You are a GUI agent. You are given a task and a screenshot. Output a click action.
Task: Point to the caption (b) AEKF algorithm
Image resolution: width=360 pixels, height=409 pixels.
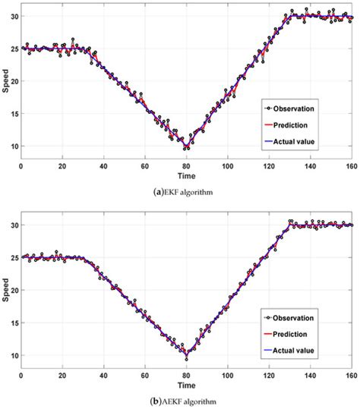(180, 401)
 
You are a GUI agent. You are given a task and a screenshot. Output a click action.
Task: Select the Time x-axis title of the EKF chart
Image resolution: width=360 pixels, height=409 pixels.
(187, 175)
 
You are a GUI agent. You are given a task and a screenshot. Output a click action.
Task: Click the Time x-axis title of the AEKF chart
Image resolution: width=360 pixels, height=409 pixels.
(187, 383)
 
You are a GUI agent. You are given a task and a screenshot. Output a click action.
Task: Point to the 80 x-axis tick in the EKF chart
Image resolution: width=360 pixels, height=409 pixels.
(187, 165)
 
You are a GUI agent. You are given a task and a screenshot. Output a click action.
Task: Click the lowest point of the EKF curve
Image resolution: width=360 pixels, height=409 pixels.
(187, 147)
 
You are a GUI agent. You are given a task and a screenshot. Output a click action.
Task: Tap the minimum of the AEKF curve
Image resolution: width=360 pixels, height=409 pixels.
(187, 354)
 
